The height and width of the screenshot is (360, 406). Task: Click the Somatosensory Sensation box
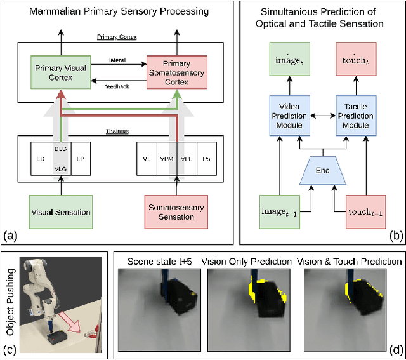(176, 211)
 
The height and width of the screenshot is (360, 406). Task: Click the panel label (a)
(11, 236)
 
